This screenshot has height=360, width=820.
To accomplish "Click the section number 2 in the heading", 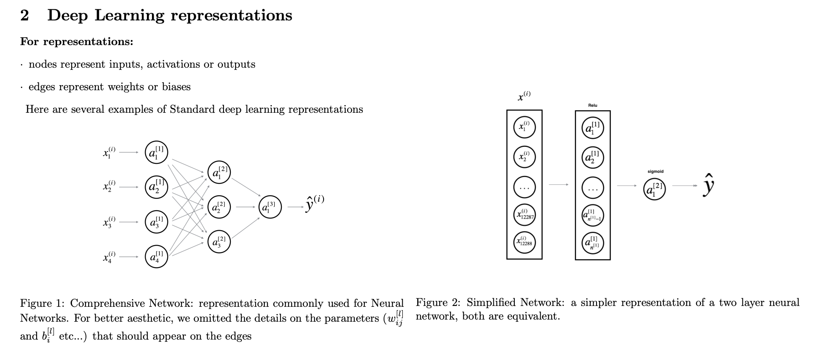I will point(25,15).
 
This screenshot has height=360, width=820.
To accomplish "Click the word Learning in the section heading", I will point(129,15).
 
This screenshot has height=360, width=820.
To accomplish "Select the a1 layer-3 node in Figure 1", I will point(270,207).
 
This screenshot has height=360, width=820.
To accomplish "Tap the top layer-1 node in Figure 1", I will point(156,152).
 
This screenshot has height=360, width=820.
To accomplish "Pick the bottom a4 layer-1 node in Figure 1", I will point(156,257).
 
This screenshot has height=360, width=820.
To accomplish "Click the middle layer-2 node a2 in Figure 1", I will point(219,207).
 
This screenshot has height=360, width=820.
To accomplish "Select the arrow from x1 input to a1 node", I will point(129,152).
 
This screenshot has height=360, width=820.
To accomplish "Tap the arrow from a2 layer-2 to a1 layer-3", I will point(245,207).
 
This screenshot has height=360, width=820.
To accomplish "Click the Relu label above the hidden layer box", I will point(592,105).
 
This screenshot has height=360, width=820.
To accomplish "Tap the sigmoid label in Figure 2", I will point(655,171).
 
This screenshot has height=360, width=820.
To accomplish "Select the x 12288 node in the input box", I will point(524,242).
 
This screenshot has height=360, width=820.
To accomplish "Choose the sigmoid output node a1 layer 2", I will point(654,189).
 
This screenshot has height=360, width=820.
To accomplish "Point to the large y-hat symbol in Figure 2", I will point(708,185).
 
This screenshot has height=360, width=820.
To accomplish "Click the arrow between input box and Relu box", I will point(559,185).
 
